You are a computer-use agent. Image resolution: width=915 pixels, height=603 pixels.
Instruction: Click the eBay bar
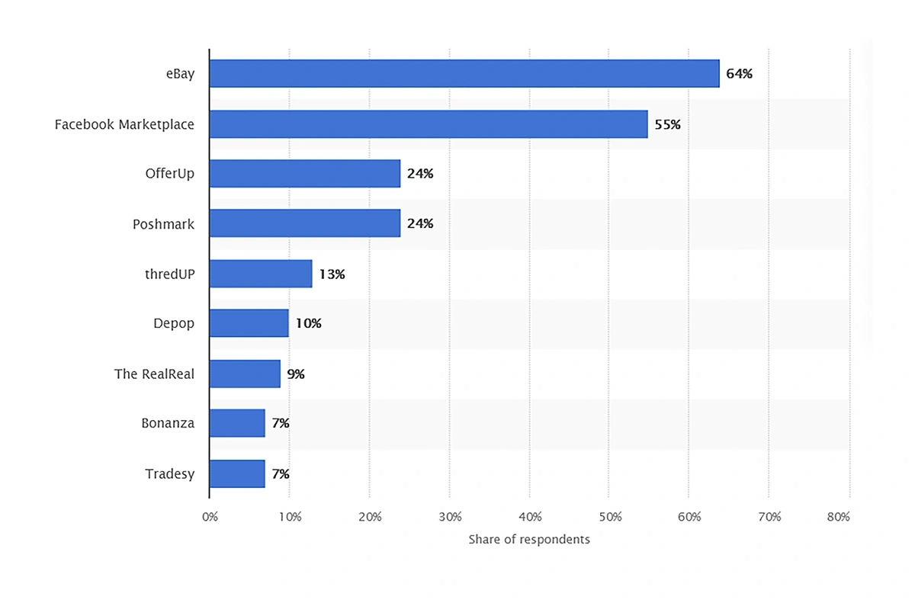tap(464, 74)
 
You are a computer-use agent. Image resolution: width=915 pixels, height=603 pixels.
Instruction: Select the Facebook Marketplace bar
tap(428, 124)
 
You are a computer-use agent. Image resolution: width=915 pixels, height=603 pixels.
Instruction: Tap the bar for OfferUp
tap(304, 174)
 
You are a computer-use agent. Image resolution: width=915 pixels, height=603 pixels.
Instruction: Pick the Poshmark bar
tap(304, 223)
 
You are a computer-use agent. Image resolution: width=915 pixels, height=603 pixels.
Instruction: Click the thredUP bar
tap(260, 274)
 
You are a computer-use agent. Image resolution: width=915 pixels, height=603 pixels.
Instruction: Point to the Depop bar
tap(249, 323)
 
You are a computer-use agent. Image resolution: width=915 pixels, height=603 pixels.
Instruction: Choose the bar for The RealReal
tap(244, 374)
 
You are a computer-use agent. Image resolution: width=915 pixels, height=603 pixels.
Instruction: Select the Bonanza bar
tap(236, 423)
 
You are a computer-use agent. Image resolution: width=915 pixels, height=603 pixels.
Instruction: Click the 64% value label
tap(739, 74)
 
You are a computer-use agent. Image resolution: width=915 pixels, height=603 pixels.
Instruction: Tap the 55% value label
tap(667, 124)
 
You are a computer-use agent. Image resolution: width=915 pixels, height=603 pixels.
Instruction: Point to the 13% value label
tap(332, 274)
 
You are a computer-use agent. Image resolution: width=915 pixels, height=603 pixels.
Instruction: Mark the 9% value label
tap(296, 374)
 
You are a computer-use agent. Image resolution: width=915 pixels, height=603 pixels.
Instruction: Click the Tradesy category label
tap(169, 474)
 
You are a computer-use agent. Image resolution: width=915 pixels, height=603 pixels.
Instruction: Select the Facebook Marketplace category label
tap(124, 124)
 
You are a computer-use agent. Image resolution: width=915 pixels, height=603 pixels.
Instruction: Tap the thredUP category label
tap(169, 274)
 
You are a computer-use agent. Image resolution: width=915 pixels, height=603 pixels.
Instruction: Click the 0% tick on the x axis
tap(210, 517)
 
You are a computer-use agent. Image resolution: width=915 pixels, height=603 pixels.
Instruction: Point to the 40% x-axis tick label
tap(530, 517)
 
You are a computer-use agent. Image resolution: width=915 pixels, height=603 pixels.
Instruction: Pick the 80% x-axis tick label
tap(838, 517)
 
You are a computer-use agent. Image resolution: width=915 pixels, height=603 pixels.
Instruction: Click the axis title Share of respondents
tap(529, 540)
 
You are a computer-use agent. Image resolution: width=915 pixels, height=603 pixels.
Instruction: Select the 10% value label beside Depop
tap(308, 323)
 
